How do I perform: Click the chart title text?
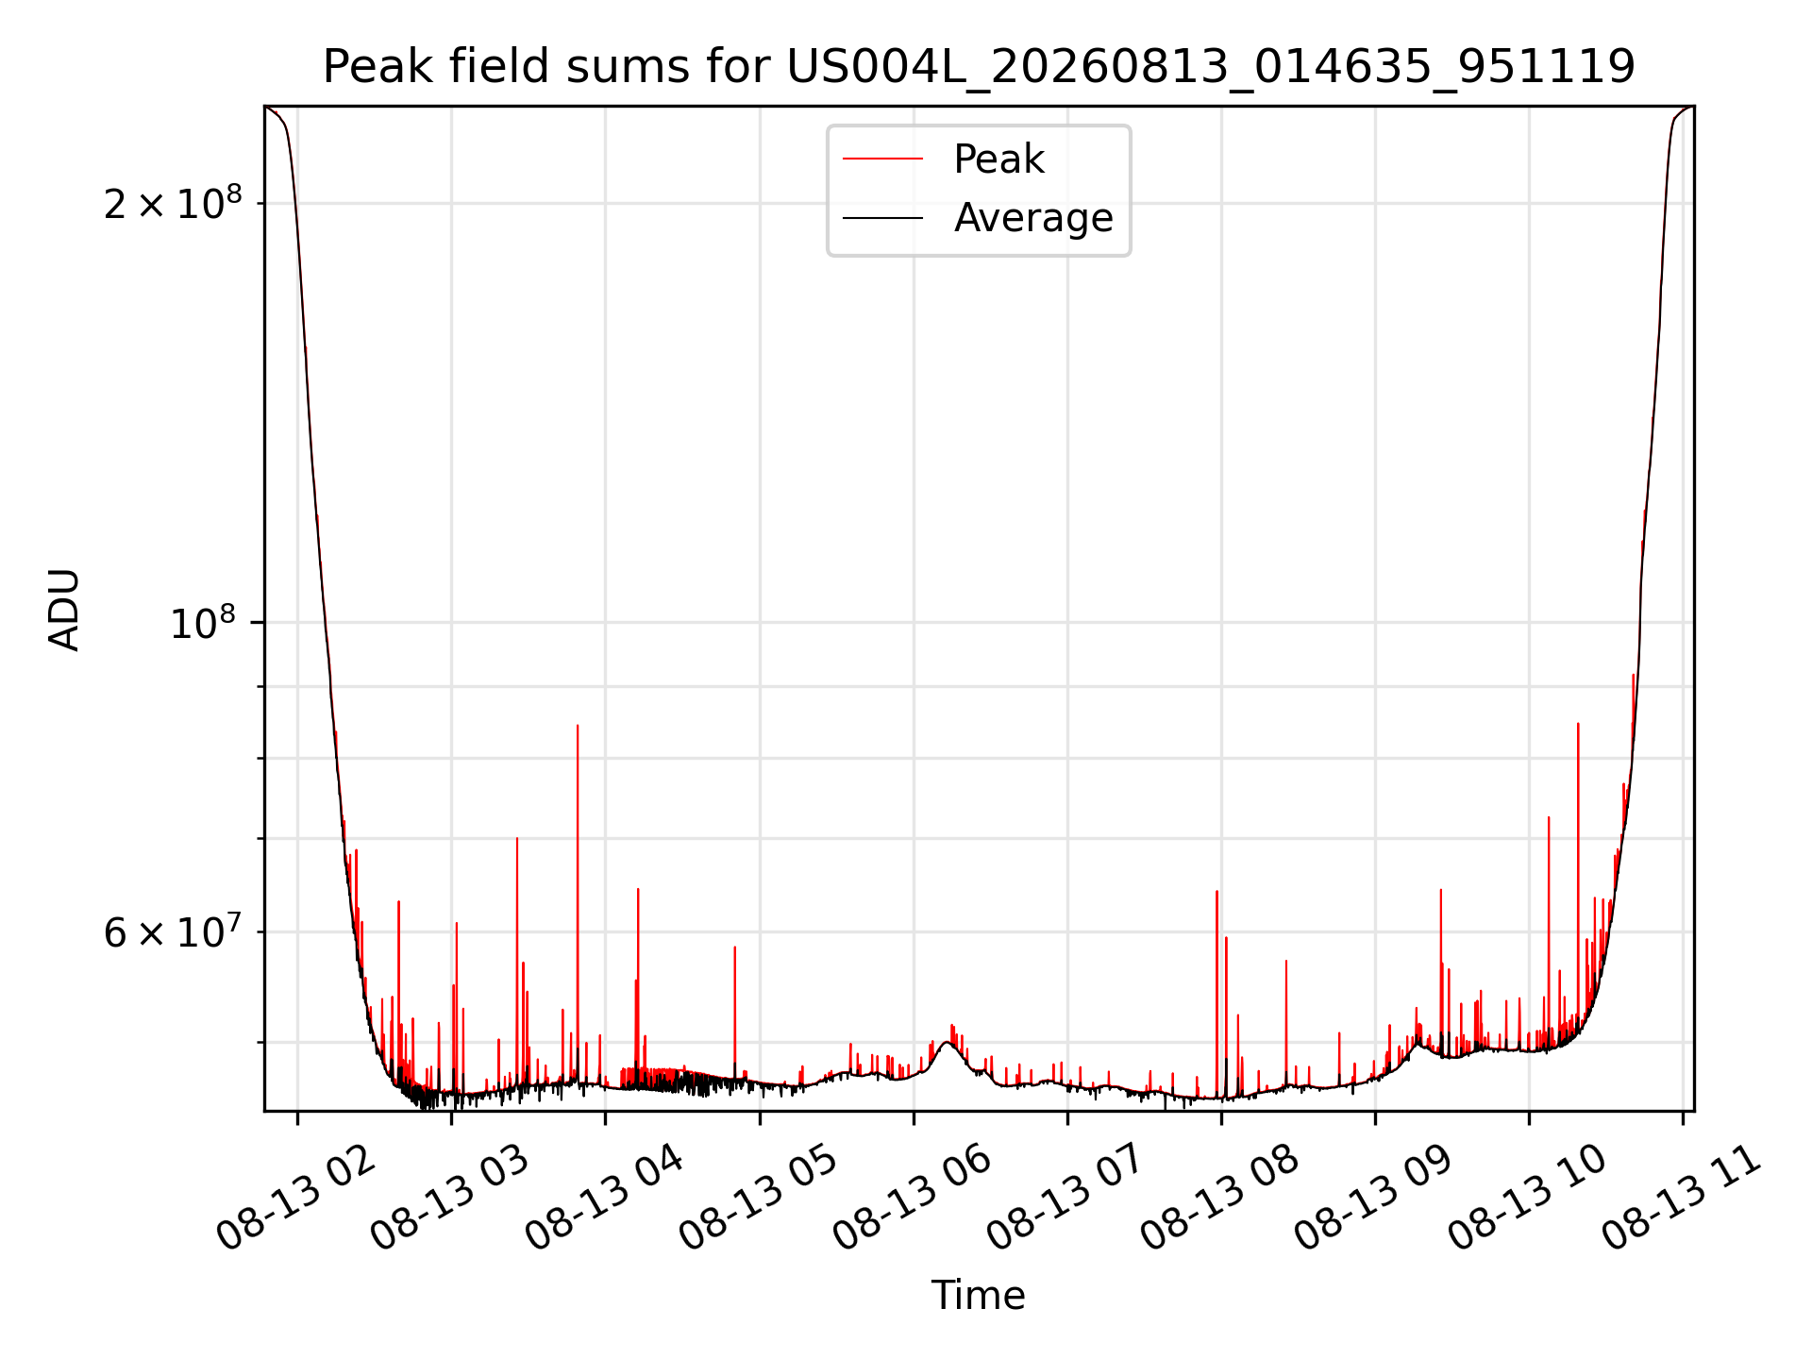(979, 67)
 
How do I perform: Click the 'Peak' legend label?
(998, 159)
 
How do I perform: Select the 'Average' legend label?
(1033, 218)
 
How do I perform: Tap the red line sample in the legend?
(882, 159)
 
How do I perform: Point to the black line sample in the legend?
(882, 218)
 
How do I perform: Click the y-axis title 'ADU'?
(64, 610)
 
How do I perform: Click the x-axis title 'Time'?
(979, 1296)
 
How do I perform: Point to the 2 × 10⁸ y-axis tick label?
(173, 202)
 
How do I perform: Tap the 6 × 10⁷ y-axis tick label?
(173, 931)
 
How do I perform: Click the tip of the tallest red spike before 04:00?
(578, 726)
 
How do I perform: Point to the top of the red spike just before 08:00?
(1216, 892)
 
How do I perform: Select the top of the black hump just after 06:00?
(947, 1042)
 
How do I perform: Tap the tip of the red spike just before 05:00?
(734, 948)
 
